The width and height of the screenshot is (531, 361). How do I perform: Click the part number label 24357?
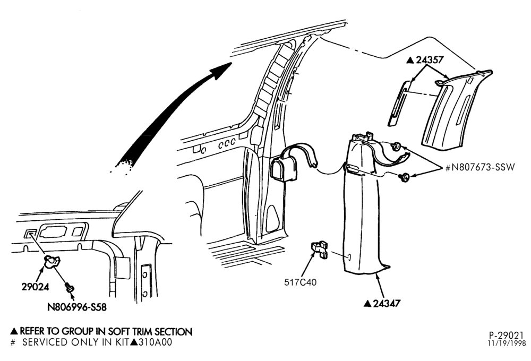point(430,60)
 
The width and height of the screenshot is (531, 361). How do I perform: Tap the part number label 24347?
point(387,304)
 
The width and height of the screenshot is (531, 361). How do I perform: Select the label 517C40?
point(301,282)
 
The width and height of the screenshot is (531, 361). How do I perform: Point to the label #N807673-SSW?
point(480,167)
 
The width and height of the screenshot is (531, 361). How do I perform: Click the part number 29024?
point(35,287)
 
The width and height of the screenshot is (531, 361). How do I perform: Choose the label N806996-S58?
point(77,307)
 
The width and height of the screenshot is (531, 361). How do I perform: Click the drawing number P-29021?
point(506,336)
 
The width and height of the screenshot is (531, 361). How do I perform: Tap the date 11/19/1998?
point(507,343)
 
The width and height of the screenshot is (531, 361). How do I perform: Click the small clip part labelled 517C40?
point(320,249)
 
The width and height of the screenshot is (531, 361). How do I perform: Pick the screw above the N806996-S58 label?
point(70,288)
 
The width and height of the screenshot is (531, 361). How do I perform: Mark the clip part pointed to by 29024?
point(52,261)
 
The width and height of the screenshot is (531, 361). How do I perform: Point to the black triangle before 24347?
point(368,304)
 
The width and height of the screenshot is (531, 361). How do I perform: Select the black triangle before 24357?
point(410,61)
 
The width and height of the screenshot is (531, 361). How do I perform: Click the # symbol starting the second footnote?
point(13,342)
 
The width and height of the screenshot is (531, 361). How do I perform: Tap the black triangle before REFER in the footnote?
point(14,331)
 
